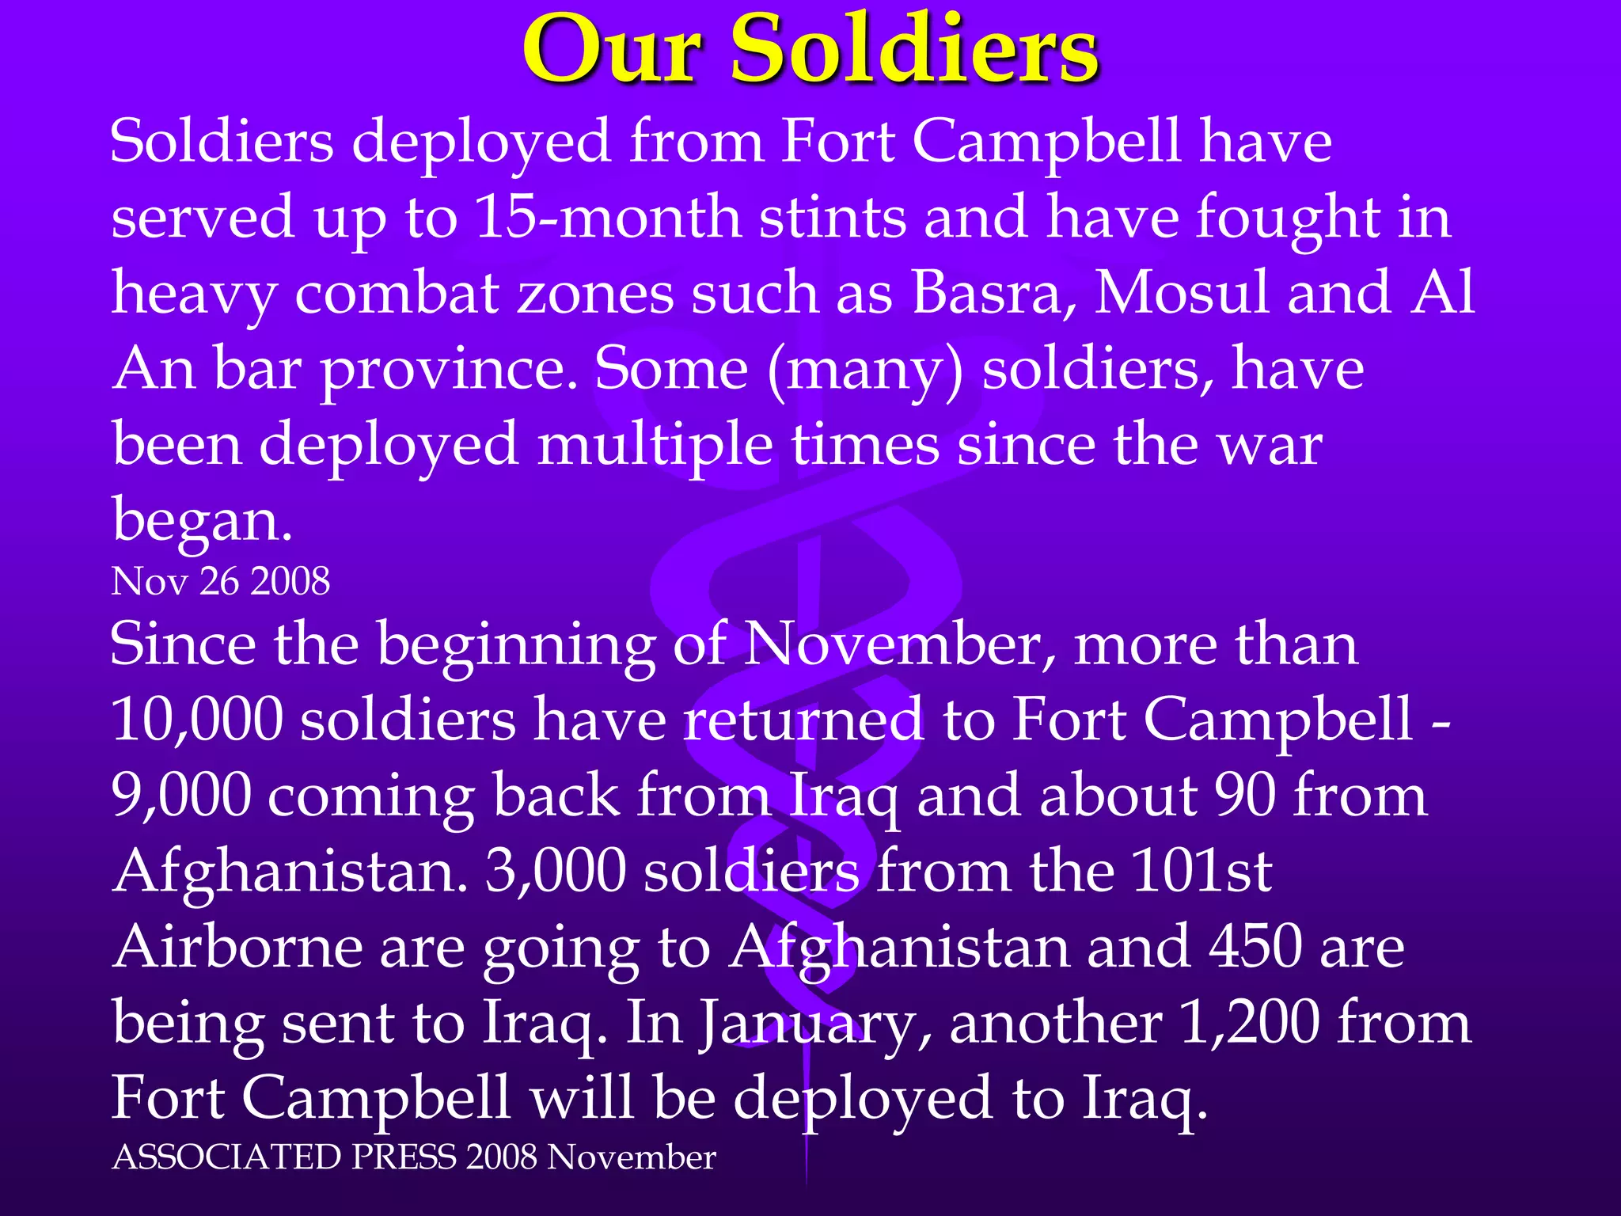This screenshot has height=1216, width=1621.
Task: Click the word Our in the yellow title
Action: pyautogui.click(x=612, y=51)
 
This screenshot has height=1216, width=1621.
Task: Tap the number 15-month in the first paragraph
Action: pyautogui.click(x=608, y=218)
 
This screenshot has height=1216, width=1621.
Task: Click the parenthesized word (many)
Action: pyautogui.click(x=865, y=370)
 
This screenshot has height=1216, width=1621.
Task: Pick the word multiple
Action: pyautogui.click(x=655, y=445)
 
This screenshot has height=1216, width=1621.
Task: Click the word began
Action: pyautogui.click(x=202, y=521)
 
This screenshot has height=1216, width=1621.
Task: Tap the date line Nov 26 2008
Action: pyautogui.click(x=221, y=582)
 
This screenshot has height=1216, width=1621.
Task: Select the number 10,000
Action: pyautogui.click(x=196, y=720)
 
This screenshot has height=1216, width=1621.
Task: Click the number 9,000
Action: pyautogui.click(x=180, y=796)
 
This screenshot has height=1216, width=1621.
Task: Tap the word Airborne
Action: pyautogui.click(x=237, y=948)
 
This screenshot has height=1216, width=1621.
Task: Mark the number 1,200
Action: pyautogui.click(x=1248, y=1024)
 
